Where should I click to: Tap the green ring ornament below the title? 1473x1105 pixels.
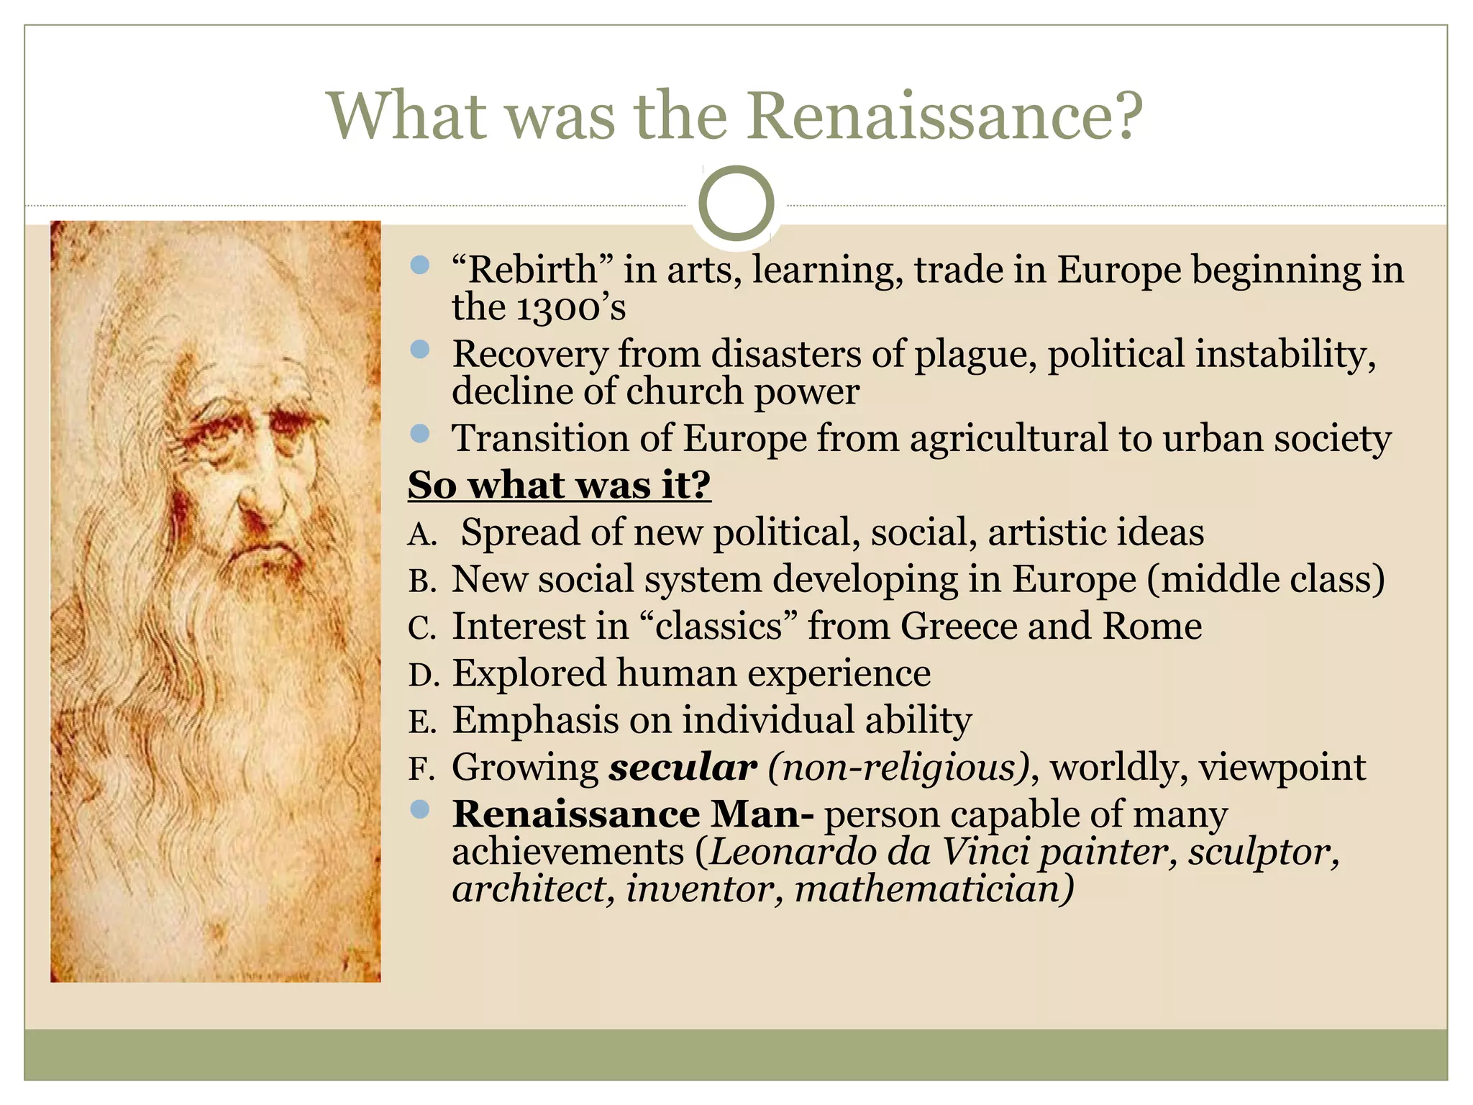[x=736, y=204]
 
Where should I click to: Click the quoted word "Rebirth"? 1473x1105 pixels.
[x=533, y=270]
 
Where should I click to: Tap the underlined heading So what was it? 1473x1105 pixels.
[x=559, y=485]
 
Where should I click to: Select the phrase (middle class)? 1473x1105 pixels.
[x=1266, y=580]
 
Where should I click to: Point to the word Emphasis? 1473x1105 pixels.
[x=534, y=721]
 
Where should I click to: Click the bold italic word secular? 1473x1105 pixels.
[x=683, y=768]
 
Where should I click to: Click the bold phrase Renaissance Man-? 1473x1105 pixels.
[x=633, y=815]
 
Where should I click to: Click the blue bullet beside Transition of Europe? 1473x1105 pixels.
[x=419, y=434]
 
